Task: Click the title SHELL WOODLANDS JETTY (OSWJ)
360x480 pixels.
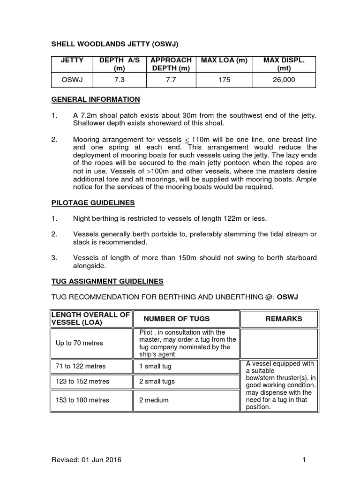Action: coord(115,44)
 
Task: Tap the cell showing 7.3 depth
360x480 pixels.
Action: coord(120,80)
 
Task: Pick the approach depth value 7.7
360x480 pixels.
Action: coord(170,80)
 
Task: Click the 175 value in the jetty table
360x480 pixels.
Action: coord(224,80)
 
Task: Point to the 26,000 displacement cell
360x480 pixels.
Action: coord(284,80)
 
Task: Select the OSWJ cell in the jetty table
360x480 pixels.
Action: coord(72,80)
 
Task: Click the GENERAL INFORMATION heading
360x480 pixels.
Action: coord(95,99)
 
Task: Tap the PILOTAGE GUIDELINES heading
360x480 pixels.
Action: coord(93,203)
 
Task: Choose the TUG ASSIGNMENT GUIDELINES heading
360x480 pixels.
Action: coord(107,281)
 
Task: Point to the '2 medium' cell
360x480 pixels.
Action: coord(154,400)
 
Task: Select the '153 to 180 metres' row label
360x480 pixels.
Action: coord(82,400)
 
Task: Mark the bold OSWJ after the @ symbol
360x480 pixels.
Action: coord(288,297)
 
